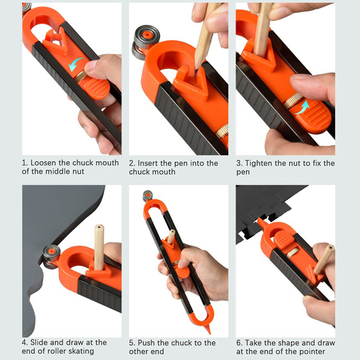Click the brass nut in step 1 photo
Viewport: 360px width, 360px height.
81,76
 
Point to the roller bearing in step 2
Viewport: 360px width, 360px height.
145,43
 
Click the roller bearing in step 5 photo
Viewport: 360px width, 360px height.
148,196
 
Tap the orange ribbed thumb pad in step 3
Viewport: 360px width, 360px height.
313,117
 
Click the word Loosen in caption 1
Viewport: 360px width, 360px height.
43,163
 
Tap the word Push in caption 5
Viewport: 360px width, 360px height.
147,343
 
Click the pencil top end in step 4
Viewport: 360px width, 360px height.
99,227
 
